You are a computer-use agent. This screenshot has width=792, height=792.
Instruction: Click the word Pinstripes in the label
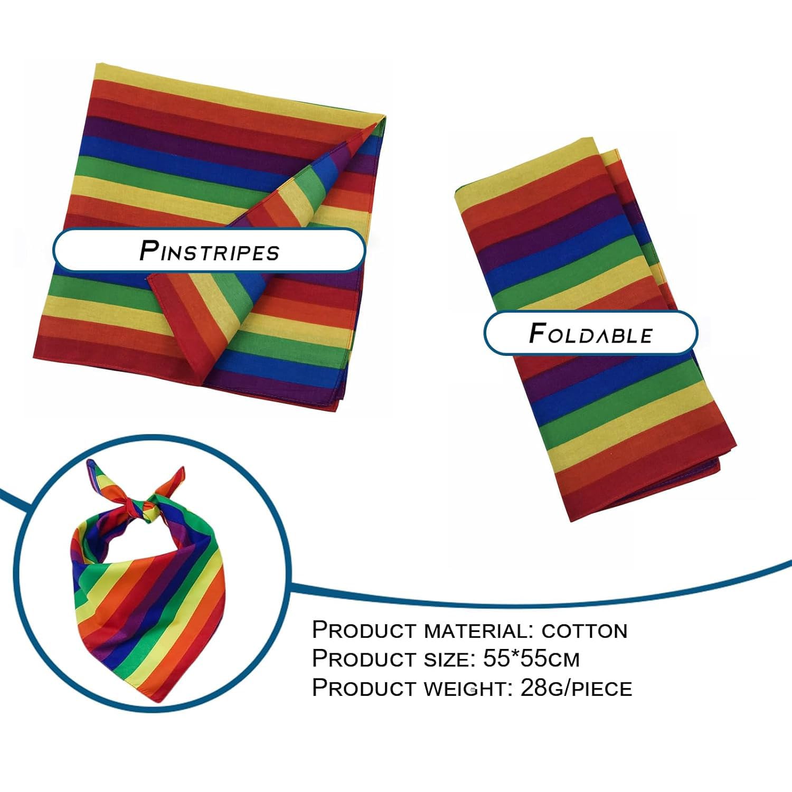tap(209, 250)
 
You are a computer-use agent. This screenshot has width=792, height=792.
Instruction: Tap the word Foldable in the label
tap(591, 333)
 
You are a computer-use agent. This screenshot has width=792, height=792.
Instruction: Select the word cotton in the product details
tap(584, 630)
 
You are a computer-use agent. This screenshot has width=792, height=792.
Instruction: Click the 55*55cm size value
tap(531, 658)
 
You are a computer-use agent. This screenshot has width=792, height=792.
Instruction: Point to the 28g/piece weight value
tap(576, 688)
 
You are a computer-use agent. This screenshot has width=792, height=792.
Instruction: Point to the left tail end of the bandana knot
tap(91, 464)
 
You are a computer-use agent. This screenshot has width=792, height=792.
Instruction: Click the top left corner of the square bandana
tap(97, 64)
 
